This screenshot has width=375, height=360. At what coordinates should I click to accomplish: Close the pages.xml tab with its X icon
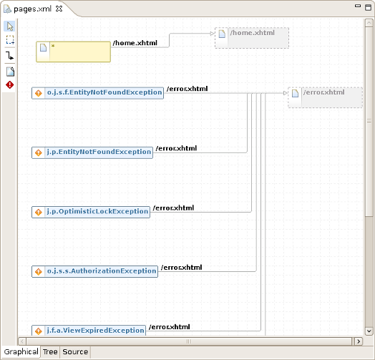point(59,9)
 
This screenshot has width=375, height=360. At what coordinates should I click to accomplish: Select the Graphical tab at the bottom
point(21,352)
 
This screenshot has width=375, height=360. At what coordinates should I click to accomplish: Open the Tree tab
point(50,352)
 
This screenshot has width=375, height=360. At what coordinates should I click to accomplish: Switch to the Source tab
point(75,352)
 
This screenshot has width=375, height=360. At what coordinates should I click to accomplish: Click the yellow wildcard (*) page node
point(73,52)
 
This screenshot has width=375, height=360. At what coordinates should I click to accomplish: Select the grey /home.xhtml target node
point(251,38)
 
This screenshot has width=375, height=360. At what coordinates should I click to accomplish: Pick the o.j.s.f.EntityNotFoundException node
point(98,93)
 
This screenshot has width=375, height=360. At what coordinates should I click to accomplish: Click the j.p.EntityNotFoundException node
point(92,152)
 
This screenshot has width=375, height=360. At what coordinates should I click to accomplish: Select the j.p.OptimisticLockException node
point(91,212)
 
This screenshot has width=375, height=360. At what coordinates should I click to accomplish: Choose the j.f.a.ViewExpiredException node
point(89,331)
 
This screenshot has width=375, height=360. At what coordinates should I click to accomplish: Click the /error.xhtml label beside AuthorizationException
point(181,268)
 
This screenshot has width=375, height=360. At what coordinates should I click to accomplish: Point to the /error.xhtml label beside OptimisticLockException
point(172,208)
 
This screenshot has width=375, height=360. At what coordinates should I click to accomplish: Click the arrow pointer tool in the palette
point(10,26)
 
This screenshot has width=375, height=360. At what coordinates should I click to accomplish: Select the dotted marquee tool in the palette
point(10,41)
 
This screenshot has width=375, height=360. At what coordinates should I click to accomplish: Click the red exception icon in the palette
point(10,85)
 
